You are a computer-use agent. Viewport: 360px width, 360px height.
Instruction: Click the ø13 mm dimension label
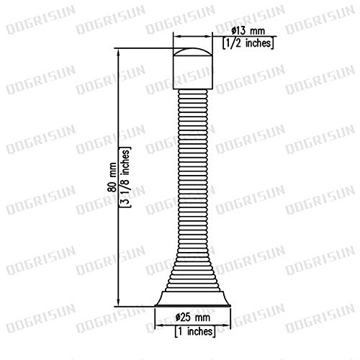[248, 31]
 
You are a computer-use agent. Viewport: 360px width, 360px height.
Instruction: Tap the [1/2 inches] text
[248, 43]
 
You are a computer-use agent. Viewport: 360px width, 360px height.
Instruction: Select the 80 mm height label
[112, 177]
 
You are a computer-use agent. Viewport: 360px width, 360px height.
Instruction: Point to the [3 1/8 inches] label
[125, 177]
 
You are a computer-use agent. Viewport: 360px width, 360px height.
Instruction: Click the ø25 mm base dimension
[193, 318]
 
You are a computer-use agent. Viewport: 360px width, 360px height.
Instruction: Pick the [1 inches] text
[195, 331]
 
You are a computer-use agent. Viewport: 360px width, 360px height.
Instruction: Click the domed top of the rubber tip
[193, 52]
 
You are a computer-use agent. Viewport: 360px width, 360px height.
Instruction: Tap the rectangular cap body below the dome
[193, 73]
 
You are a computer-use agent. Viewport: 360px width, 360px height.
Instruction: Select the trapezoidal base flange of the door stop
[193, 298]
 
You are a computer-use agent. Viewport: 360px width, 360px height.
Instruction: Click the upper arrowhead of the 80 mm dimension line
[118, 53]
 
